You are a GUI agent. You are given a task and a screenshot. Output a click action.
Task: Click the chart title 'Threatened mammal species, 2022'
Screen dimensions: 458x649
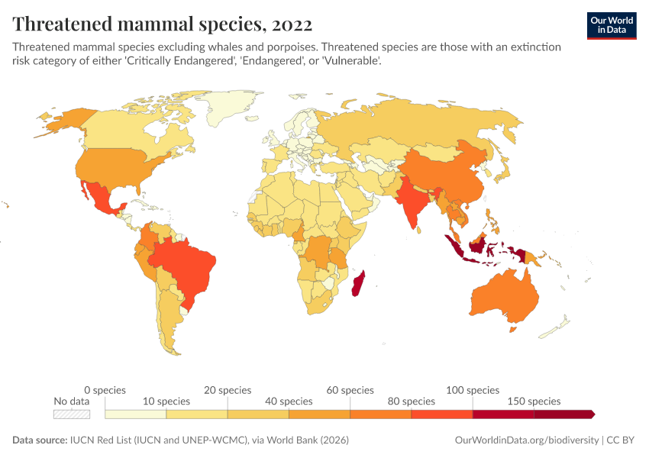(162, 24)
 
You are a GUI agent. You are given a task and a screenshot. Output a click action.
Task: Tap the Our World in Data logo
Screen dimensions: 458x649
(611, 25)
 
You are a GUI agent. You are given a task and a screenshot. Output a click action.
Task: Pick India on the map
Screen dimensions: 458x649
(413, 201)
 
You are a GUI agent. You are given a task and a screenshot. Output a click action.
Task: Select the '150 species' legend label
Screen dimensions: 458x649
(534, 401)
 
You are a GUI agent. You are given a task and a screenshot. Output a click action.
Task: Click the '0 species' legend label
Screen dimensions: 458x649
(105, 390)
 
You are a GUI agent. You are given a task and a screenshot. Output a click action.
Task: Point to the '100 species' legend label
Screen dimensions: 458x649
(473, 390)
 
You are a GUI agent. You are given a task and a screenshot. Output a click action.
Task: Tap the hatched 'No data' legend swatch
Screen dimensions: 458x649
(72, 414)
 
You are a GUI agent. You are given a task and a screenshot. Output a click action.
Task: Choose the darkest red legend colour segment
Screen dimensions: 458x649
(563, 414)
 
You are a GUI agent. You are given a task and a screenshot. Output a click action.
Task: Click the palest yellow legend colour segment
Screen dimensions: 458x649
(135, 414)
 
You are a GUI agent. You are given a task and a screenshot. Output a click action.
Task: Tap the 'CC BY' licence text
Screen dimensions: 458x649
(622, 440)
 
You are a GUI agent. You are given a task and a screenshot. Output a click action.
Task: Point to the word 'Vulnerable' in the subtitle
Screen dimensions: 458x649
(354, 60)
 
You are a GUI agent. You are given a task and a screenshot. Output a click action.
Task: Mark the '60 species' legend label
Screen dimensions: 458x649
(350, 390)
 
